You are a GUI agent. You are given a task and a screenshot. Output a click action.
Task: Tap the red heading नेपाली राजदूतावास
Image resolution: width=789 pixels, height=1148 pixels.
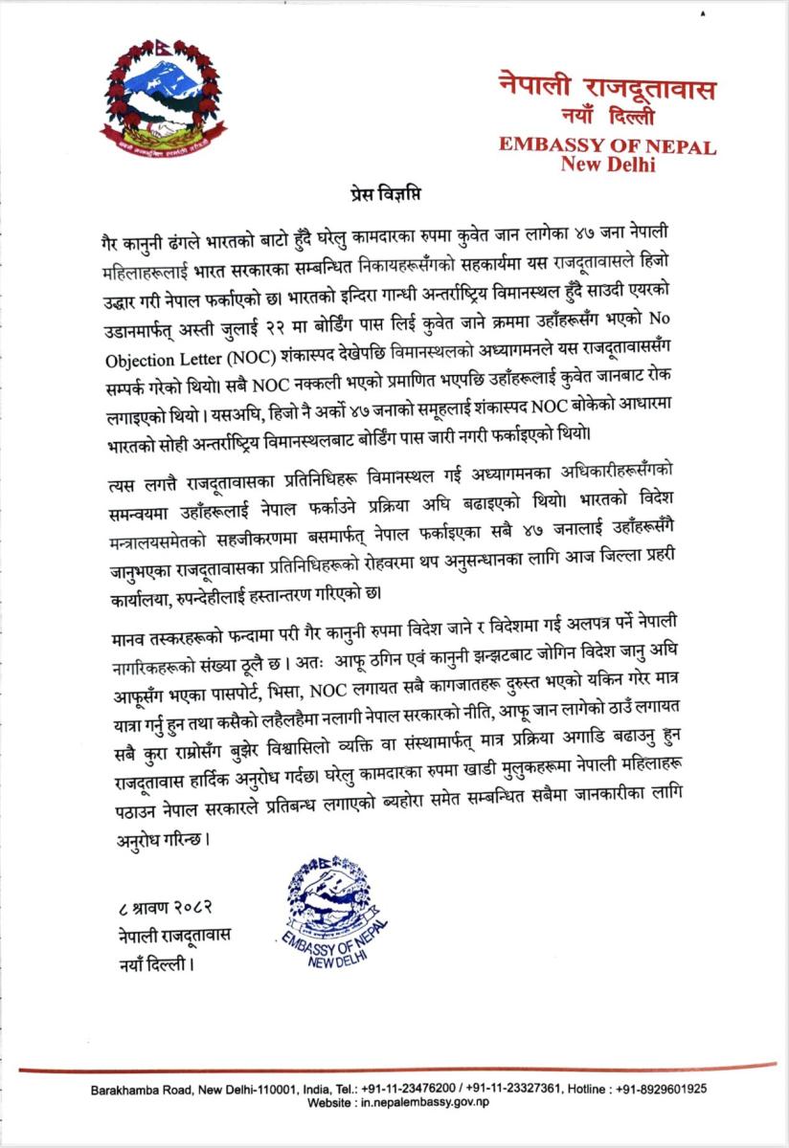coord(607,87)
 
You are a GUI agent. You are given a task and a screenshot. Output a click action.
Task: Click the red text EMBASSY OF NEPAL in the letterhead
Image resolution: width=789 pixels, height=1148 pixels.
coord(607,146)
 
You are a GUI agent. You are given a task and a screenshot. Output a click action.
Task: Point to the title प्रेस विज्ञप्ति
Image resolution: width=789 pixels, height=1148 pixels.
coord(394,192)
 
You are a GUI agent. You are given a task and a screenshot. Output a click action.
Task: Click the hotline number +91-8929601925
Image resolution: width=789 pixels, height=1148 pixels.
coord(657,1089)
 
